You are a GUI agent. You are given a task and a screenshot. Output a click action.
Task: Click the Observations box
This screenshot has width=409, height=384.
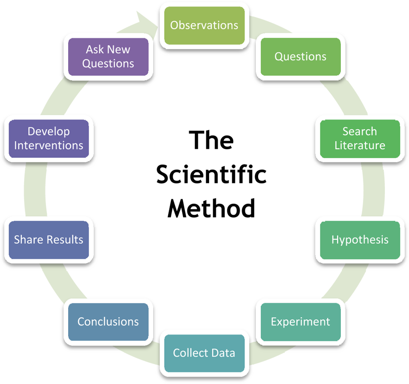[204, 25]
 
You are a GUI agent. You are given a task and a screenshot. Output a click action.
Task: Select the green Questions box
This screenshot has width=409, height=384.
[300, 57]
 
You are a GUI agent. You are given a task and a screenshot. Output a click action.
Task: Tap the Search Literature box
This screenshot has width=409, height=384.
[360, 139]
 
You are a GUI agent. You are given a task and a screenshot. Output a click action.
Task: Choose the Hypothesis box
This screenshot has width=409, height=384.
[360, 240]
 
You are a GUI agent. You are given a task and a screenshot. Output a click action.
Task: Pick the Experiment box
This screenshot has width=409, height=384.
[300, 322]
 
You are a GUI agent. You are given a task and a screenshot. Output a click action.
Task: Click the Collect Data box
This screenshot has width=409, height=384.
[204, 353]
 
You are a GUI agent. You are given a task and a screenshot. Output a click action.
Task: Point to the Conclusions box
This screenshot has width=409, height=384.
[108, 322]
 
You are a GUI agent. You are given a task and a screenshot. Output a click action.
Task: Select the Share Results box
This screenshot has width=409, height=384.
[49, 240]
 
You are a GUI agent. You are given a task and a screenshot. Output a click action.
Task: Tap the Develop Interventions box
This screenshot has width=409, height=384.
[49, 139]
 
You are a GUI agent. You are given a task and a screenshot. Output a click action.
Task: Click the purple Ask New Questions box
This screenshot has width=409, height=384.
[108, 57]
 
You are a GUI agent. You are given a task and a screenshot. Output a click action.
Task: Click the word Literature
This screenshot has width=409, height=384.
[360, 146]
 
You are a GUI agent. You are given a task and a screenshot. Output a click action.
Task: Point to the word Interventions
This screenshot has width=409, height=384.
[49, 146]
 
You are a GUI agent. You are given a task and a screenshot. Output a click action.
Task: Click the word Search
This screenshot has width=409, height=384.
[360, 131]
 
